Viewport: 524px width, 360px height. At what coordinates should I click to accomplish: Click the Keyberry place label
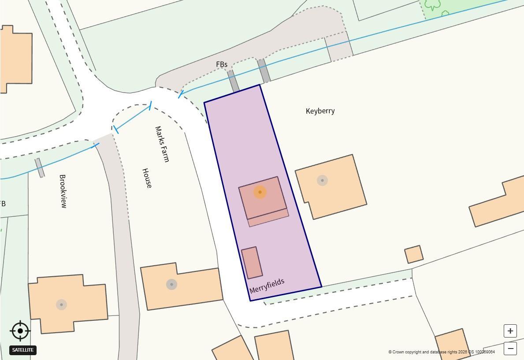(x=320, y=111)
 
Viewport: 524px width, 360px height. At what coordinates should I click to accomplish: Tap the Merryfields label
(x=267, y=286)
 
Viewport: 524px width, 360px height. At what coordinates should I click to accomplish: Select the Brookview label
(x=63, y=191)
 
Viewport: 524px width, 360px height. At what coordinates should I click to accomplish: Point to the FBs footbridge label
(x=222, y=64)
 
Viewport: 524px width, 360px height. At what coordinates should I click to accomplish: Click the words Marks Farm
(x=162, y=144)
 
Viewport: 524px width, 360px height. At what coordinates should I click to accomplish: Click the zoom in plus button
(x=510, y=330)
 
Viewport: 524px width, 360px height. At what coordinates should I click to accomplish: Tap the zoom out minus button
(x=510, y=348)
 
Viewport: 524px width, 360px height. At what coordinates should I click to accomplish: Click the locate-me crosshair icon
(x=20, y=330)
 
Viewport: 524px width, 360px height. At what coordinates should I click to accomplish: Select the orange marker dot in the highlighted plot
(x=260, y=192)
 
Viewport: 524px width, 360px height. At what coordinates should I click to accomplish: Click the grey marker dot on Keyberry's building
(x=322, y=180)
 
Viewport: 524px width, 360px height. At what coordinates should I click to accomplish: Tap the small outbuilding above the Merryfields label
(x=252, y=263)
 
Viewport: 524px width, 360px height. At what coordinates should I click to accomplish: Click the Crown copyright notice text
(x=441, y=352)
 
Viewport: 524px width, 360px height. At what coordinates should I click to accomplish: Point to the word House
(x=147, y=178)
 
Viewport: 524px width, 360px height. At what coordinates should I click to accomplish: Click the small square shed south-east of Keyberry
(x=414, y=254)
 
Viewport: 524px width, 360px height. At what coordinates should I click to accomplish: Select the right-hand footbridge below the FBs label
(x=264, y=71)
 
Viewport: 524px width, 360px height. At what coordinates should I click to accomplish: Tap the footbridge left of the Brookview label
(x=40, y=167)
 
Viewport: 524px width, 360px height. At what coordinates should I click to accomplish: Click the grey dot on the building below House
(x=171, y=284)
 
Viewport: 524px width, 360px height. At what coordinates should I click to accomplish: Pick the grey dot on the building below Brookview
(x=61, y=304)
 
